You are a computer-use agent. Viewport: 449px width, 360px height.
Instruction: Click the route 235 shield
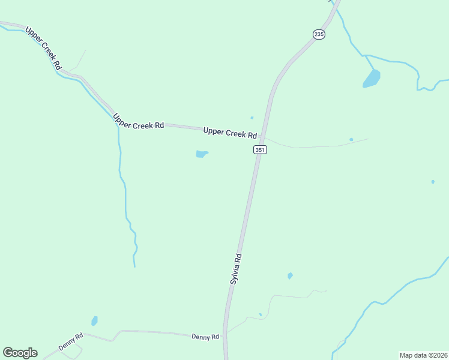tap(319, 34)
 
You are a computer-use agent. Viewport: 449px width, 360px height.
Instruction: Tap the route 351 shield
tap(259, 150)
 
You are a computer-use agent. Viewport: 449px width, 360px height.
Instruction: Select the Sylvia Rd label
tap(236, 268)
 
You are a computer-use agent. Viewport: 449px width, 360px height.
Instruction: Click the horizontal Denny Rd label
tap(205, 337)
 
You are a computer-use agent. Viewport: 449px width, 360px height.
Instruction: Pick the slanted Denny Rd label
tap(70, 343)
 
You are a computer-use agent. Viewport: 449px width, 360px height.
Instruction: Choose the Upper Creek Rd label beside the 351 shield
tap(230, 132)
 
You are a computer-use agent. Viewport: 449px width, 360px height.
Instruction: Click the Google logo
tap(20, 353)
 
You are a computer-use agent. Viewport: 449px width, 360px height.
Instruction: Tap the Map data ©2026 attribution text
tap(424, 355)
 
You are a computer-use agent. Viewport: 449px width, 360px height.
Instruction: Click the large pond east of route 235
tap(372, 79)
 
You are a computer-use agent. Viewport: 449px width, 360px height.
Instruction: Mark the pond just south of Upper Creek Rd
tap(201, 154)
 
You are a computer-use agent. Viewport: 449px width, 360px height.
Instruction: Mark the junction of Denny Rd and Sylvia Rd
tap(226, 337)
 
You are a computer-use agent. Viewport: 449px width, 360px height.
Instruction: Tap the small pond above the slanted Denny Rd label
tap(94, 321)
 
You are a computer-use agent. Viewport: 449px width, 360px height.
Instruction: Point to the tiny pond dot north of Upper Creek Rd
tap(252, 118)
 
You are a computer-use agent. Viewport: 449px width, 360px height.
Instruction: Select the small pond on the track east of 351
tap(351, 140)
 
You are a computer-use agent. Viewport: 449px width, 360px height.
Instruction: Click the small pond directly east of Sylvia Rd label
tap(290, 276)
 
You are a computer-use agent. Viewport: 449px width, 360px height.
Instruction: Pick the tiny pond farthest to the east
tap(433, 181)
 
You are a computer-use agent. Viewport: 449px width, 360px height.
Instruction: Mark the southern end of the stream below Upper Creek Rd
tap(134, 266)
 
